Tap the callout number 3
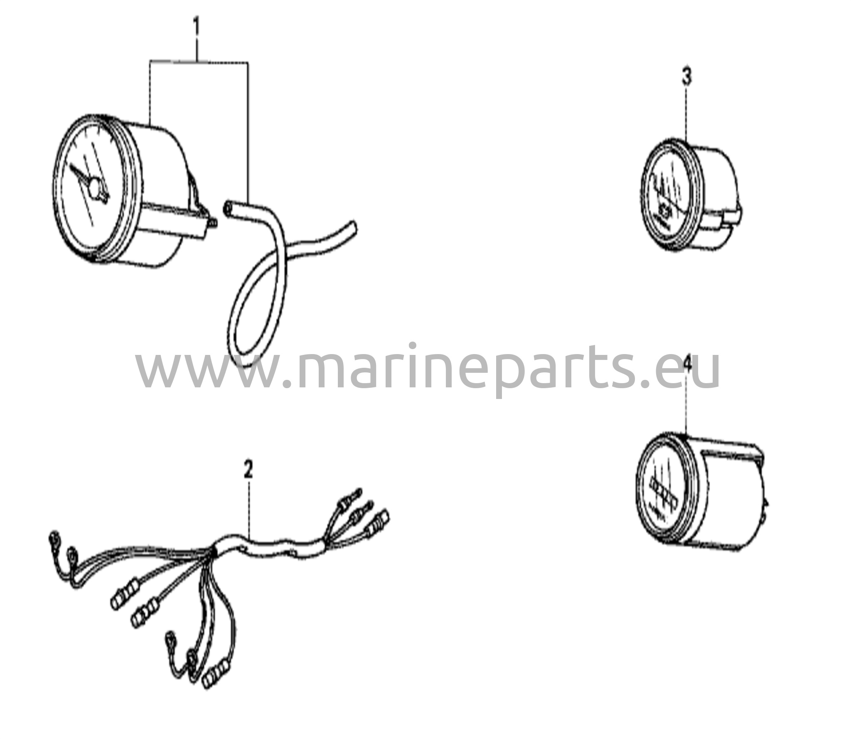coord(687,77)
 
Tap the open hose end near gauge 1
coord(228,208)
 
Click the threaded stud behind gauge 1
coord(212,224)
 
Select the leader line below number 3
coord(686,116)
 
